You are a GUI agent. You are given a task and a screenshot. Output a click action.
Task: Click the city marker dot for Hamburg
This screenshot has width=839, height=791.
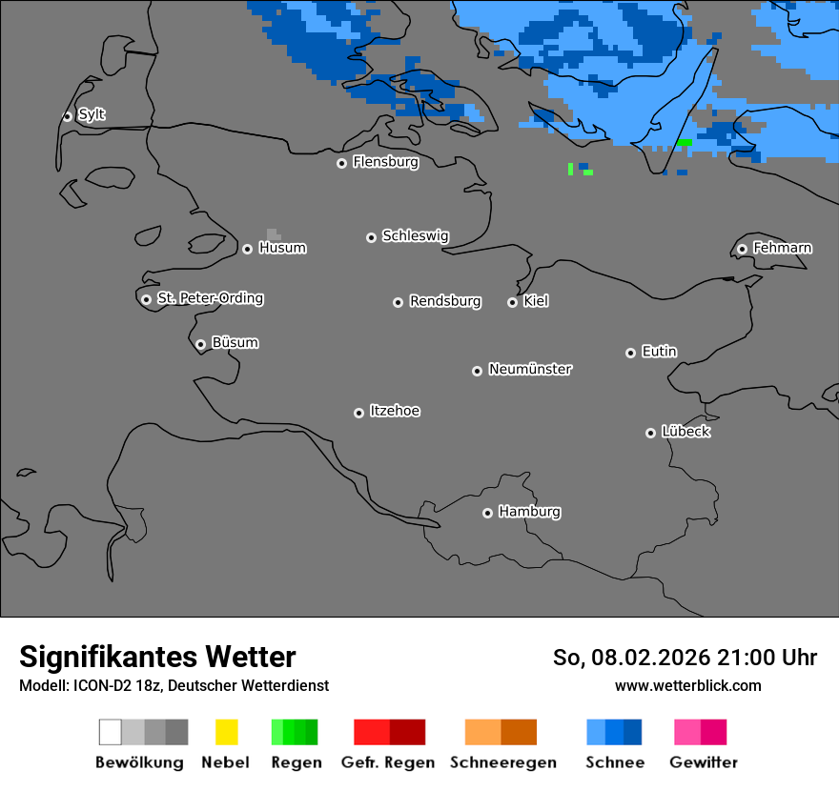[x=487, y=513]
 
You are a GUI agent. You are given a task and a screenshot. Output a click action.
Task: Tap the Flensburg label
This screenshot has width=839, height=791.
[x=385, y=162]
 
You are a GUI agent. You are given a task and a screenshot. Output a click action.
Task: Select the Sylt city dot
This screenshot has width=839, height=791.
[x=68, y=116]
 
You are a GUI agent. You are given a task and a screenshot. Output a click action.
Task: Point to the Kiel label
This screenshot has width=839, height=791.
[x=536, y=301]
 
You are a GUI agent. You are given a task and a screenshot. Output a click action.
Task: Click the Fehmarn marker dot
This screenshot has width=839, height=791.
[x=742, y=249]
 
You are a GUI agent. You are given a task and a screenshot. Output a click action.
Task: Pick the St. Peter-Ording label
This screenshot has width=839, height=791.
[x=210, y=298]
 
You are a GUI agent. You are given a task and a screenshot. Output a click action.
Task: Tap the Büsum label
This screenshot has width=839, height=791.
[x=235, y=343]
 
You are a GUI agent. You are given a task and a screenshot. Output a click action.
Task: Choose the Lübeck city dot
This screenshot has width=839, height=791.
[x=650, y=433]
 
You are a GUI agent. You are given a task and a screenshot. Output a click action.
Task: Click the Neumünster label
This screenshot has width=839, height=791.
[x=530, y=369]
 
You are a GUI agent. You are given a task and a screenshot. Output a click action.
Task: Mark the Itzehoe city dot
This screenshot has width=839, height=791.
[x=358, y=413]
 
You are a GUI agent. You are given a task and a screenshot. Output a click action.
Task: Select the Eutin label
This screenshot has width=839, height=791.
[x=659, y=352]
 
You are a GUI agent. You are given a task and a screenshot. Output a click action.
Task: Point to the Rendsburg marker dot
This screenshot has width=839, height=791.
[x=398, y=302]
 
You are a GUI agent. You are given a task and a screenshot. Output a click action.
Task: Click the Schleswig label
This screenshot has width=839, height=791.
[x=415, y=235]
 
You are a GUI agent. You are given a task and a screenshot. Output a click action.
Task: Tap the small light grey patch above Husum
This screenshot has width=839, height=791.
[x=274, y=233]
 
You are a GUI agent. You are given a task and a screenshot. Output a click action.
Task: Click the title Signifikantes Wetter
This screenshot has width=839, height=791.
[x=157, y=657]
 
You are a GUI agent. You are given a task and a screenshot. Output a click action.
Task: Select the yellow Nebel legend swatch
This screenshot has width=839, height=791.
[x=226, y=732]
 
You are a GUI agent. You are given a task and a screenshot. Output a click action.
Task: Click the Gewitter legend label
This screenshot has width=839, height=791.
[x=703, y=762]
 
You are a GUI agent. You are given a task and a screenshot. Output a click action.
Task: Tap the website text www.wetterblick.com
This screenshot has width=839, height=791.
[x=687, y=685]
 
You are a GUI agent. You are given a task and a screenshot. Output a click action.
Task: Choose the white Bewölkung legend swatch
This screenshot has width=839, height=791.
[x=111, y=732]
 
